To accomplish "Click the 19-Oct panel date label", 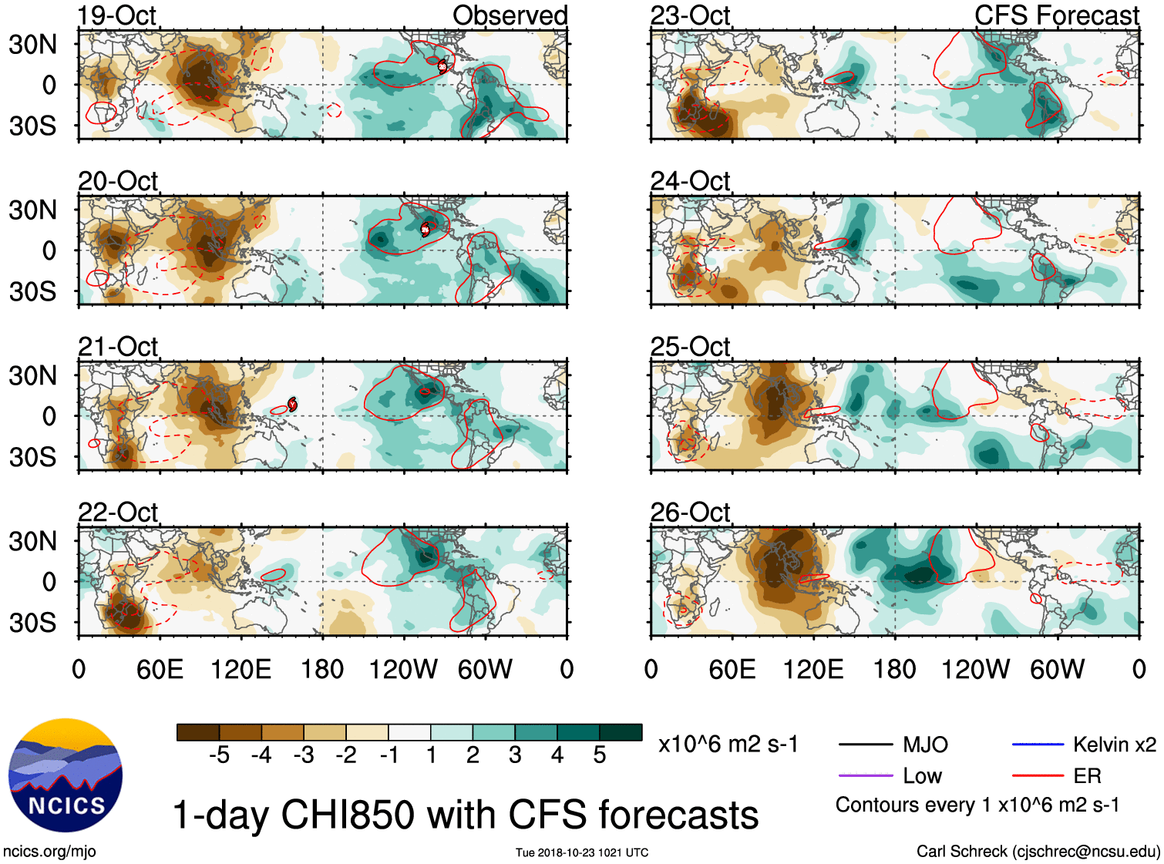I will pos(116,15).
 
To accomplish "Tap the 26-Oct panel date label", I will pos(690,513).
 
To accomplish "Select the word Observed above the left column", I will pos(510,15).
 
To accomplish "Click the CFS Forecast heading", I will pos(1056,15).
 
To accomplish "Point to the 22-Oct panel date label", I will pos(118,513).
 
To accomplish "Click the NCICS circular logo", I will pos(66,775).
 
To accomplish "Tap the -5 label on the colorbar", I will pos(219,755).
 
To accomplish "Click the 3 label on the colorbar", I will pos(515,755).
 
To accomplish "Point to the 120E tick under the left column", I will pos(241,669).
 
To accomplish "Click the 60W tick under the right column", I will pos(1057,669).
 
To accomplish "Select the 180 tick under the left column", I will pos(322,669).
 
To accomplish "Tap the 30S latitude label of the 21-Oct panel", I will pos(32,457).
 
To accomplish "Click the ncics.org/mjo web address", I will pos(49,852).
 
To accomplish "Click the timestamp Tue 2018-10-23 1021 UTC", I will pos(582,852).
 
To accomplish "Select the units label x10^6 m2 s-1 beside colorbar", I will pos(728,745).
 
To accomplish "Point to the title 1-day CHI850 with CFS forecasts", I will pos(465,815).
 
